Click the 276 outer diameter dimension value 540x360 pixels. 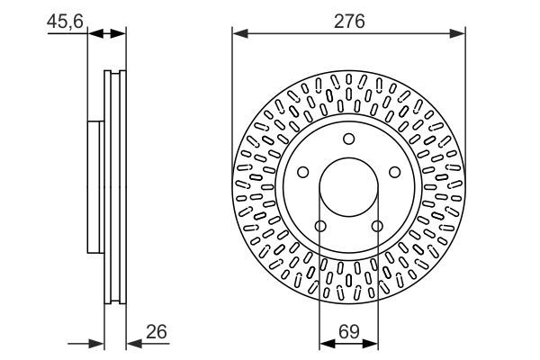click(x=348, y=21)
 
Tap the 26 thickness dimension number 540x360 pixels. click(x=157, y=333)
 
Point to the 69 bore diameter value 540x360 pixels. click(x=348, y=333)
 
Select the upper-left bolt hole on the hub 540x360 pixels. click(x=303, y=172)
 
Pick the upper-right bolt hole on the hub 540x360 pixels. click(x=394, y=172)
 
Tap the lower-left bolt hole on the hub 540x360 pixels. click(x=320, y=226)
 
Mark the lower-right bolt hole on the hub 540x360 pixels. click(x=377, y=226)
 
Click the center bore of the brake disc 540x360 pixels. click(x=348, y=187)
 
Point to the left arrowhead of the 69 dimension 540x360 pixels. click(x=326, y=343)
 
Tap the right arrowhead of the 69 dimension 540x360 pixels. click(x=372, y=343)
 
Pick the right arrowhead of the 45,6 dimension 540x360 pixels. click(x=120, y=34)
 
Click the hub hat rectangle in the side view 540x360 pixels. click(x=95, y=186)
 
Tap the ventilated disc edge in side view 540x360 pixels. click(x=115, y=186)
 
